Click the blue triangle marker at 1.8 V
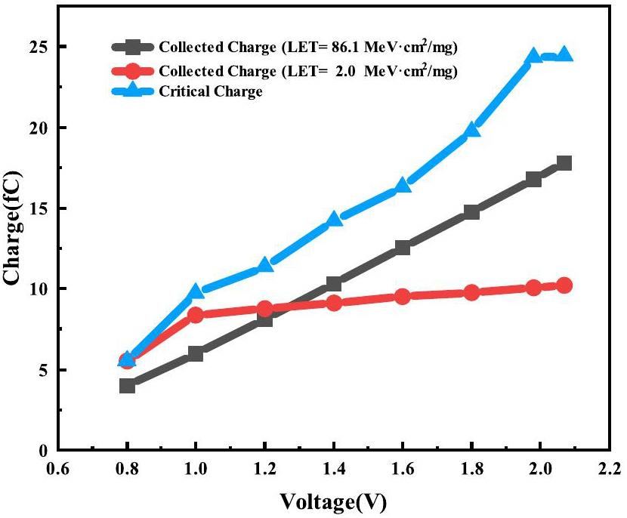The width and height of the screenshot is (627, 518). pos(471,130)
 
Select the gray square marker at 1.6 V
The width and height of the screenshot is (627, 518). pos(403,247)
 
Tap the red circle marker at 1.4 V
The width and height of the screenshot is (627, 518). pos(334,303)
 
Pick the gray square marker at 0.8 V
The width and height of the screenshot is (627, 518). pos(127,386)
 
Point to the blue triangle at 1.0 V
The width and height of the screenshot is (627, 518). pos(196,291)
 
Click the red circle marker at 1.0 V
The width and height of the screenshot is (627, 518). pos(196,315)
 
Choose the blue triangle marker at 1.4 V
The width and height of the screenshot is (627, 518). pos(334,220)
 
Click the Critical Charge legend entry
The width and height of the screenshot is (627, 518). pos(211,91)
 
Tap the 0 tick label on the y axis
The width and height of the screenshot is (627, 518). pos(42,451)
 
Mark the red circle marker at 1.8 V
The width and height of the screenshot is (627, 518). pos(471,292)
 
